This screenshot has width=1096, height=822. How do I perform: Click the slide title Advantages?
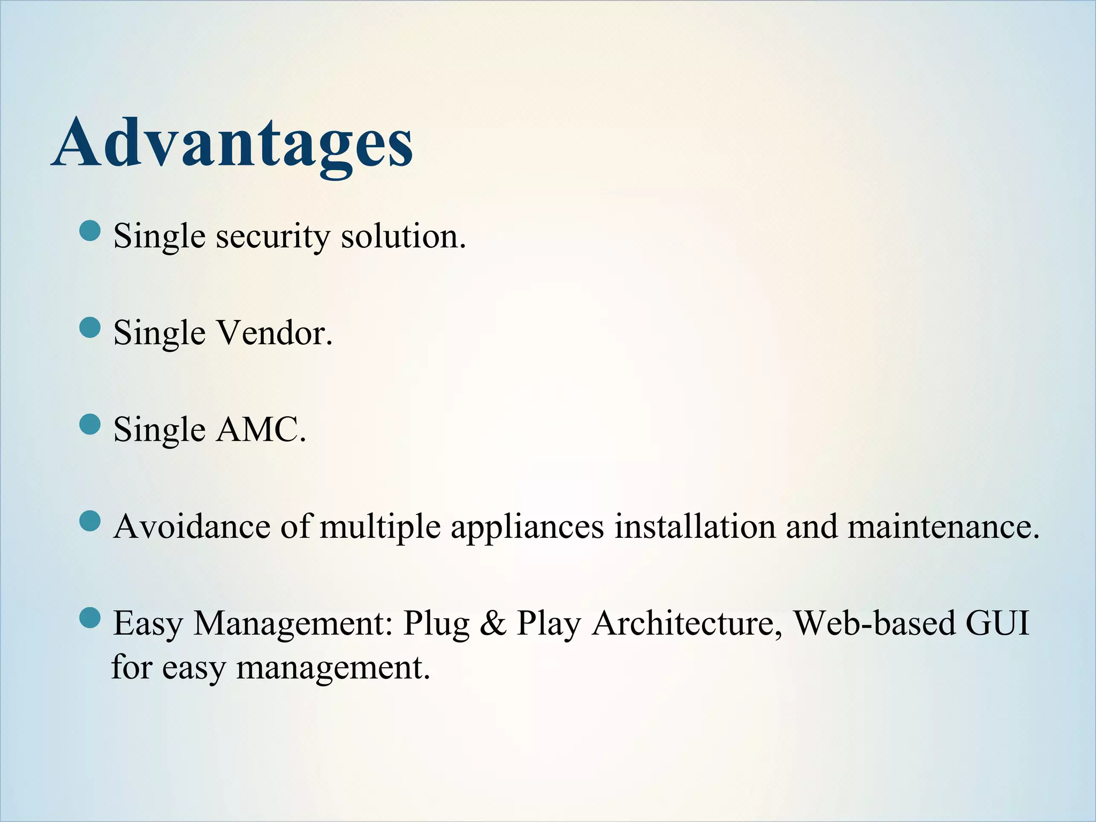point(232,143)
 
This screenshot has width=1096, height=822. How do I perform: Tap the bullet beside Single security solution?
point(90,231)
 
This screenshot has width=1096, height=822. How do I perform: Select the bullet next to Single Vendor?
point(90,328)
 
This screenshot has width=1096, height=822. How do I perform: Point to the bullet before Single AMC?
point(90,424)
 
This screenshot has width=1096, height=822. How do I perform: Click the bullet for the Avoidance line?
point(90,521)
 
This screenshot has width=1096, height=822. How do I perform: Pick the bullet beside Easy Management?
point(90,618)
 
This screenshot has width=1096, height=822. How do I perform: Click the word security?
point(273,237)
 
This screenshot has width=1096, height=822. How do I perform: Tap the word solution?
point(404,237)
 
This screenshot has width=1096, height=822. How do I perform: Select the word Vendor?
point(274,333)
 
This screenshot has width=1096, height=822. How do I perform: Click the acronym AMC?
point(261,430)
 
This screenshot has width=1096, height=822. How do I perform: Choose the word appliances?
point(527,528)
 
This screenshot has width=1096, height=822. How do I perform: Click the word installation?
point(695,527)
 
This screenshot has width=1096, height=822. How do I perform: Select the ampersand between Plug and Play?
point(493,623)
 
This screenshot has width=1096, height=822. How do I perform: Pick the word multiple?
point(380,528)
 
